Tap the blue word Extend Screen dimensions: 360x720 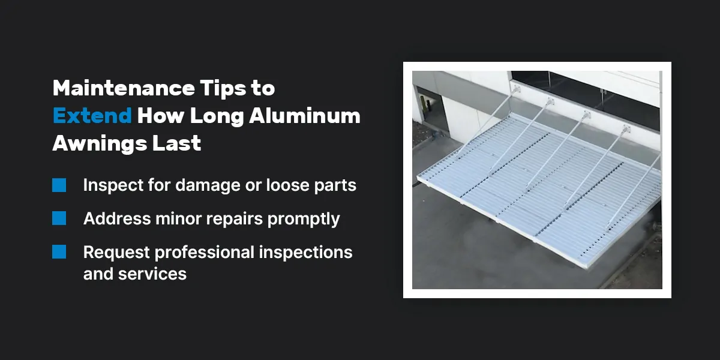tap(92, 116)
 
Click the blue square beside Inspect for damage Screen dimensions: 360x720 tap(59, 185)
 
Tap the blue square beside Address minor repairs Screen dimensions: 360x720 tap(59, 218)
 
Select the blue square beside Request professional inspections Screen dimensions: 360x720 tap(59, 252)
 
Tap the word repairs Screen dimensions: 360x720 tap(235, 219)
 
